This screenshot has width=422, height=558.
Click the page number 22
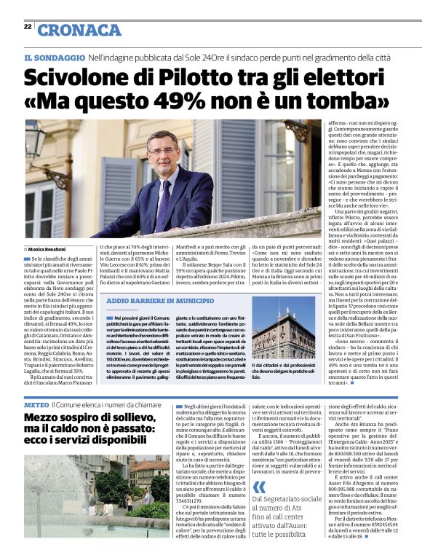pos(28,26)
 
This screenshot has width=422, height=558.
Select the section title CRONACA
pos(79,30)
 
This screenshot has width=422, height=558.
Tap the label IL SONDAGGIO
pos(55,58)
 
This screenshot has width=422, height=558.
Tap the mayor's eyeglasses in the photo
pos(163,151)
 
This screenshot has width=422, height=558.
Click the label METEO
pos(36,404)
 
